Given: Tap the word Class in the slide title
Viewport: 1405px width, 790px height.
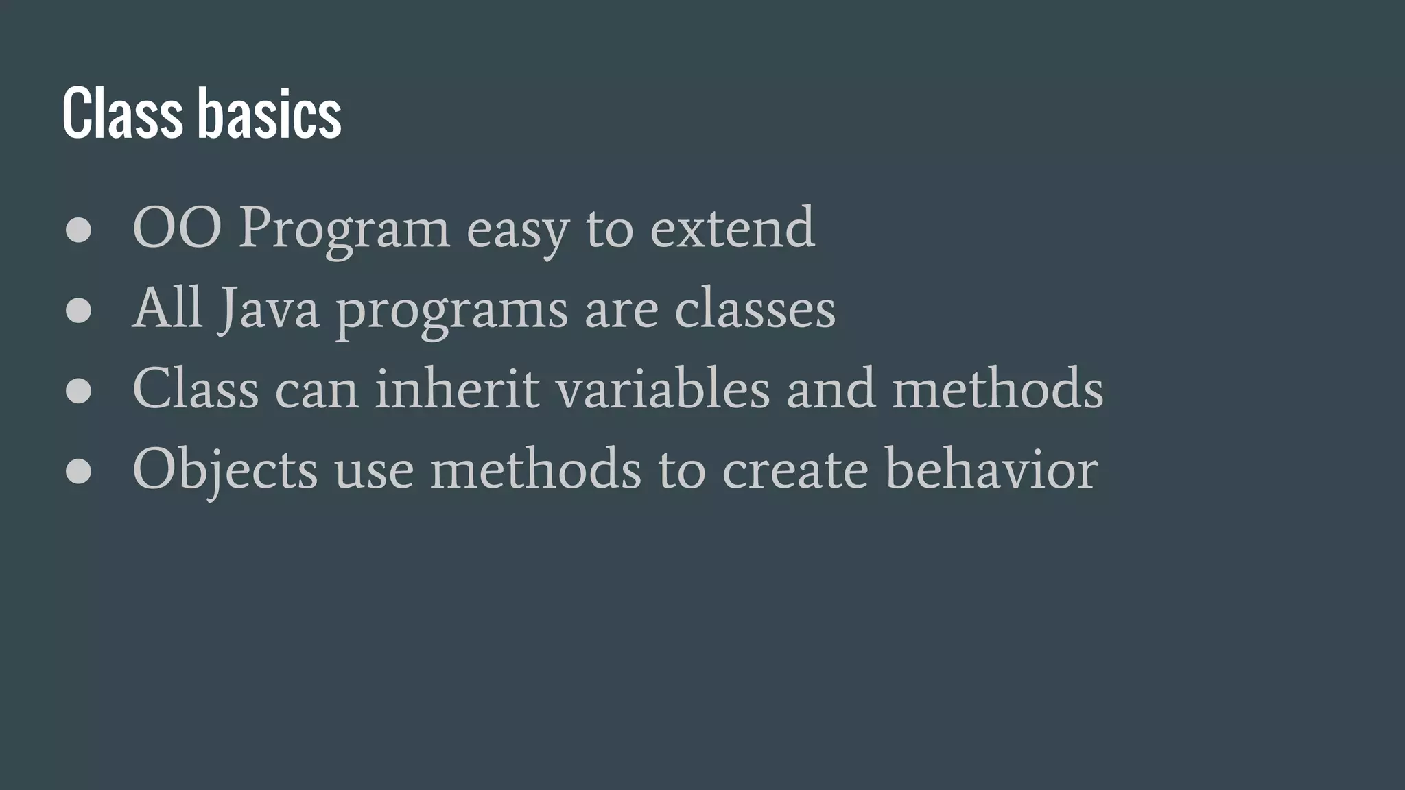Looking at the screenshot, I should (122, 113).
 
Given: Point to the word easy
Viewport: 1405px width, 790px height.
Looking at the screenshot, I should (518, 232).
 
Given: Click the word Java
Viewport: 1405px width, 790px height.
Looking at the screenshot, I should (269, 309).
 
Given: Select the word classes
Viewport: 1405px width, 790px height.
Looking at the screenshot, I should (755, 309).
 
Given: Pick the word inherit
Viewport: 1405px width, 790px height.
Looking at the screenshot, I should (458, 389).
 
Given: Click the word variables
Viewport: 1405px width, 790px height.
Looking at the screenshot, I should (663, 389).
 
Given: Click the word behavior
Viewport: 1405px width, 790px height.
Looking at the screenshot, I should (991, 470).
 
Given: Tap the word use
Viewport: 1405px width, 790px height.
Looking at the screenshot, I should (375, 472).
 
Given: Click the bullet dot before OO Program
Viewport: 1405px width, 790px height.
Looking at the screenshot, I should (79, 230).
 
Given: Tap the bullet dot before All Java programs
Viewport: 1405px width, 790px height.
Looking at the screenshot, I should (79, 311).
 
